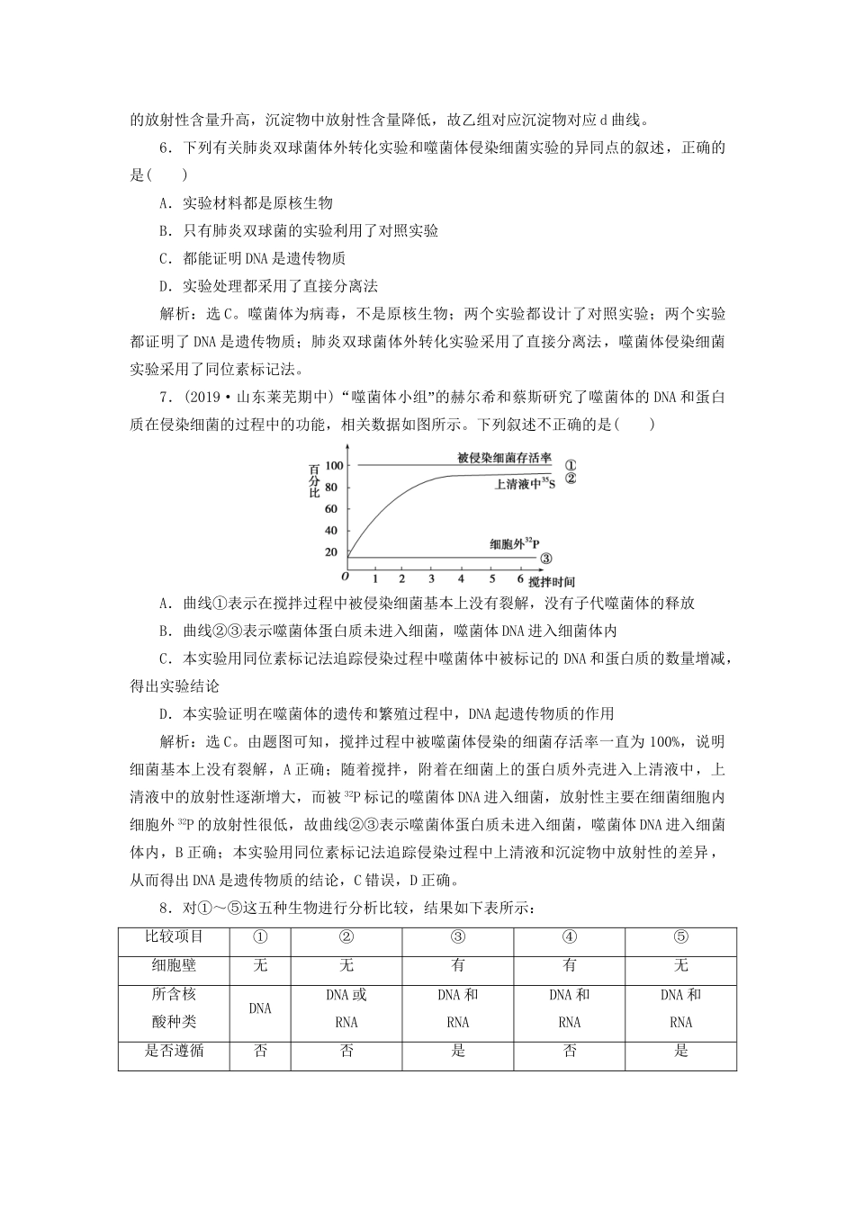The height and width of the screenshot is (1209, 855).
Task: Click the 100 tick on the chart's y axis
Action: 334,465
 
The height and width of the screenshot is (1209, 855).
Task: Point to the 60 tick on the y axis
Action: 331,508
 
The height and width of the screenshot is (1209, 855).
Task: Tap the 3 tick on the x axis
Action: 431,578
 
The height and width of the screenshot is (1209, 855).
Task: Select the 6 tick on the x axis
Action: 520,578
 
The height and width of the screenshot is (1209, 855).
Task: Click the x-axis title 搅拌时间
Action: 552,582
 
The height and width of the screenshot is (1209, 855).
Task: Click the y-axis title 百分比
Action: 314,481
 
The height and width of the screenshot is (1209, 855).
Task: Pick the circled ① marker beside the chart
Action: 569,464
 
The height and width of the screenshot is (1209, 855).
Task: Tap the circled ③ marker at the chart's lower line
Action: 545,559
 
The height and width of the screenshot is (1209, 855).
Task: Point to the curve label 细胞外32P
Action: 514,544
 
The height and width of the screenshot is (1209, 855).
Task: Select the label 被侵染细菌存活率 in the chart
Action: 504,458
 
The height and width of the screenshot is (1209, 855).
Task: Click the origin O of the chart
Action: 345,576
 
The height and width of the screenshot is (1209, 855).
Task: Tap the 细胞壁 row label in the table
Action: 174,965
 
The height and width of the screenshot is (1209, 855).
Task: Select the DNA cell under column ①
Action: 260,1008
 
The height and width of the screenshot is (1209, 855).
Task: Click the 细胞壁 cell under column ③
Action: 458,965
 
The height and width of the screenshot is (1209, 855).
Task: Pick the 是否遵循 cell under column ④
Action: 570,1051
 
